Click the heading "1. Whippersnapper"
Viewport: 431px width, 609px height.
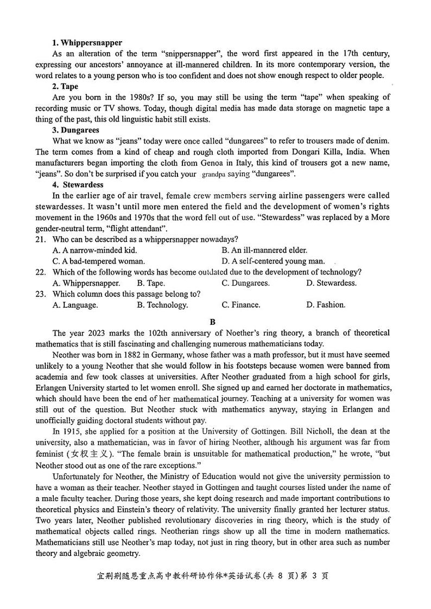point(87,42)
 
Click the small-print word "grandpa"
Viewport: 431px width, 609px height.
point(217,175)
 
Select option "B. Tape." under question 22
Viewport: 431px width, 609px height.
point(151,283)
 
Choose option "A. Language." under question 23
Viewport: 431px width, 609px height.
point(75,305)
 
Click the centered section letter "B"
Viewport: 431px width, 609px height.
point(213,322)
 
